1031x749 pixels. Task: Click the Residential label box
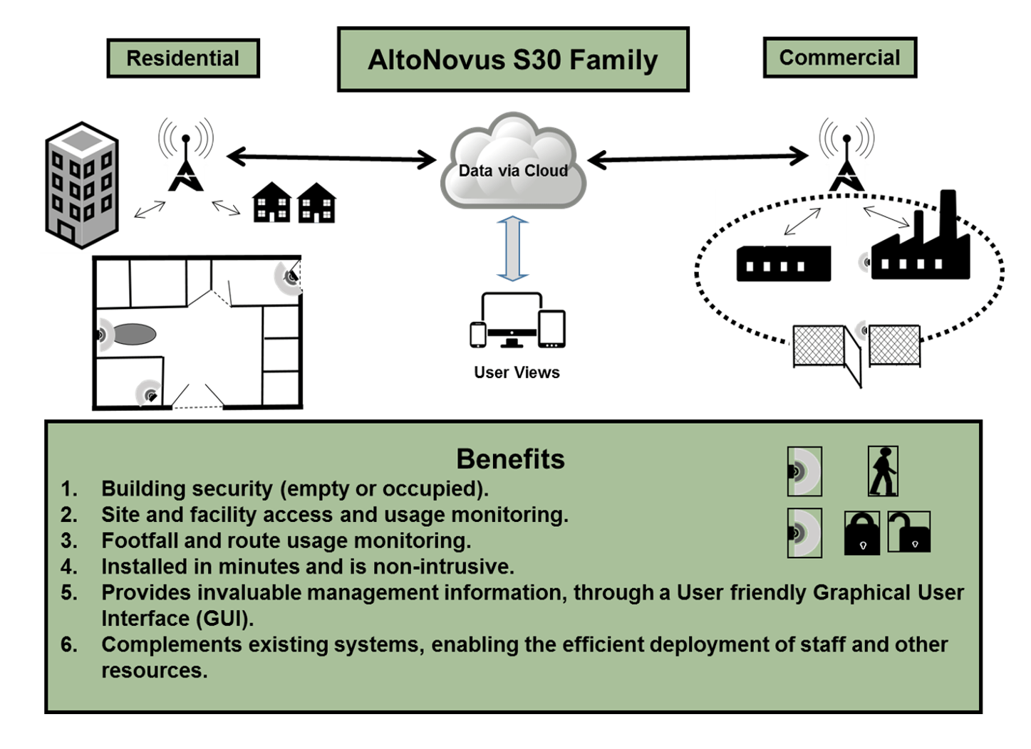click(183, 58)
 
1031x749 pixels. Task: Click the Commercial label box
click(840, 58)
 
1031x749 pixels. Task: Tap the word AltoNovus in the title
click(436, 61)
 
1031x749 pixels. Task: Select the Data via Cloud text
click(513, 171)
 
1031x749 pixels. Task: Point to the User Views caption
click(517, 372)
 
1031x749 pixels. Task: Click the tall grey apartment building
click(82, 185)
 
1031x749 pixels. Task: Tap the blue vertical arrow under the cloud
click(512, 248)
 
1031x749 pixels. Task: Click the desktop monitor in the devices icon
click(512, 320)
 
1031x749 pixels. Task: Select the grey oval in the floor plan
click(134, 334)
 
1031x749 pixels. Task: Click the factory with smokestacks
click(921, 235)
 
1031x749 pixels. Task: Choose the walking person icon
click(883, 471)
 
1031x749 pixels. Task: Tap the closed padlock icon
click(862, 533)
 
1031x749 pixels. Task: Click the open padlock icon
click(909, 532)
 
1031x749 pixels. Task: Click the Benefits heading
click(510, 459)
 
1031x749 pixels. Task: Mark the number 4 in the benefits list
click(69, 567)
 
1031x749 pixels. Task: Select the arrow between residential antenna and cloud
click(331, 158)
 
